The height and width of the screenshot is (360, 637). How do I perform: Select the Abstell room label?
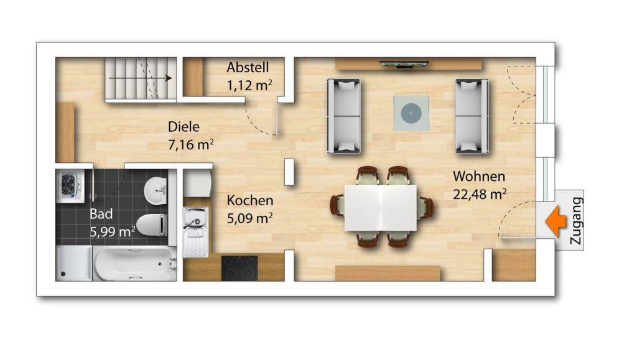coord(248,67)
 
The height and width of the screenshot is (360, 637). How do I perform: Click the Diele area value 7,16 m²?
coord(191,145)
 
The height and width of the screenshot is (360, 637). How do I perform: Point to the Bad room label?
coord(101,215)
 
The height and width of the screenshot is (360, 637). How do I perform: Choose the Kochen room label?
coord(249,201)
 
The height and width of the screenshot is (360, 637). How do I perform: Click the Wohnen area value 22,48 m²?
coord(479,194)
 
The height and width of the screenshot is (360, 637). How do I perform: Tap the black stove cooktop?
coord(239,268)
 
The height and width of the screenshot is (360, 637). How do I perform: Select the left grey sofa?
coord(343,116)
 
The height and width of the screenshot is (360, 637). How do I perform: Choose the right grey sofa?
coord(472,116)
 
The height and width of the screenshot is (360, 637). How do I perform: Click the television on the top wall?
coord(402,64)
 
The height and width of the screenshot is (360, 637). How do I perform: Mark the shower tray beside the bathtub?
coord(73,264)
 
